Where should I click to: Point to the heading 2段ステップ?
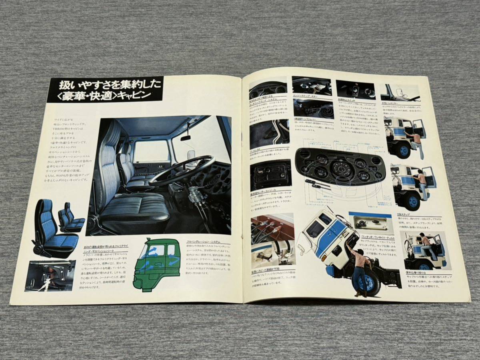point(404,214)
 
